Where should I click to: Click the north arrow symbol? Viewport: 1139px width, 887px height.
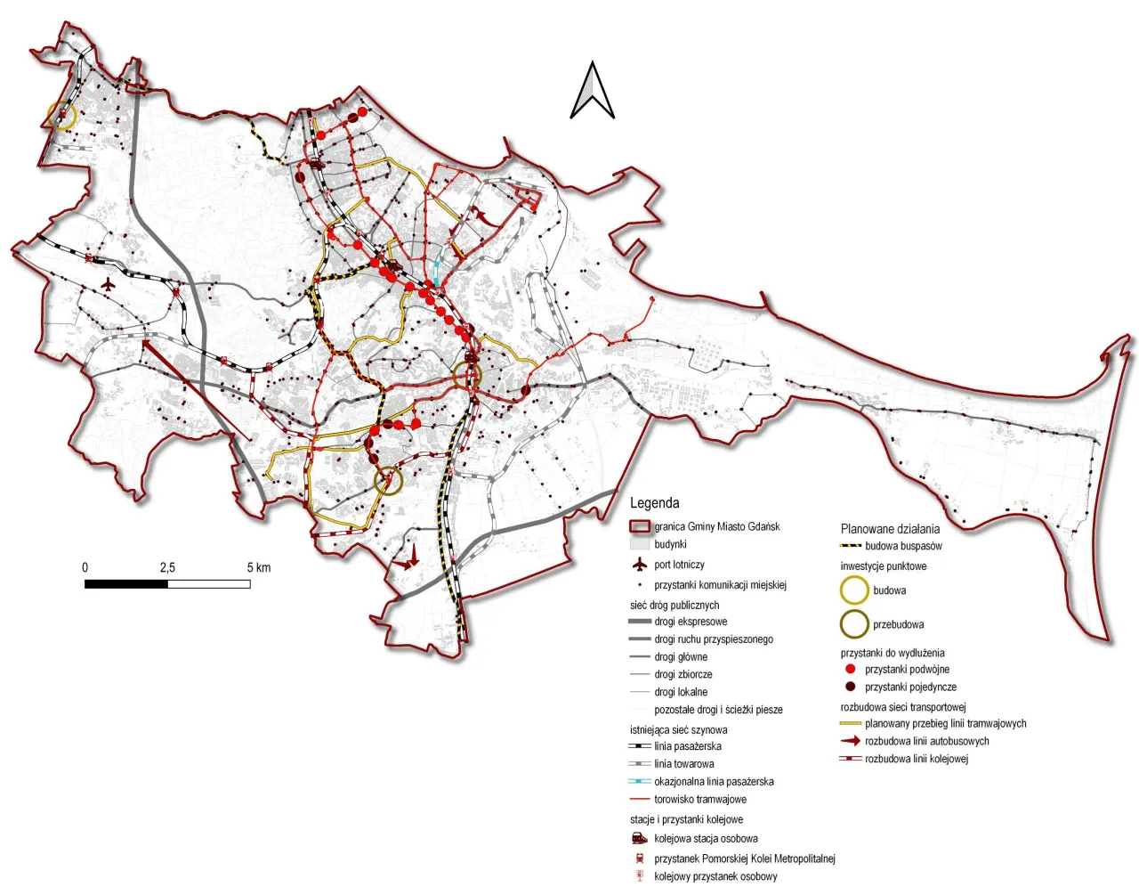point(593,91)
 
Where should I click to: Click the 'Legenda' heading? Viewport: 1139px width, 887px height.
point(654,503)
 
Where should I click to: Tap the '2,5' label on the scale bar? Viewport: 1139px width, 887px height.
point(167,567)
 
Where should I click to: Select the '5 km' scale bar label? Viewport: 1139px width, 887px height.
point(259,567)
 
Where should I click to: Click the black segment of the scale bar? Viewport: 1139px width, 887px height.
point(125,584)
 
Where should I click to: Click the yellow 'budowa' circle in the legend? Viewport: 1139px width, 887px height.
point(854,590)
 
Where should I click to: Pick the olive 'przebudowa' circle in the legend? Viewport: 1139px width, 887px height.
point(854,624)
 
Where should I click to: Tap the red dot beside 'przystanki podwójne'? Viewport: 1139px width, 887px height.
point(851,669)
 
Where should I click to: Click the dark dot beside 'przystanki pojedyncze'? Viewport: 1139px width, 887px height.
point(851,687)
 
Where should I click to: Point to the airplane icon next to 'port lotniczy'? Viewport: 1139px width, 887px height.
point(639,565)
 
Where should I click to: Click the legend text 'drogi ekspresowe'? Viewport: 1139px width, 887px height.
point(691,622)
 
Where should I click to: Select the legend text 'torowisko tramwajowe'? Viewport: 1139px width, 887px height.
point(700,799)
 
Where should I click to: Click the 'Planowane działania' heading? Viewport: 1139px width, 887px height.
point(890,529)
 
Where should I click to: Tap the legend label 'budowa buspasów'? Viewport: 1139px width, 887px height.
point(903,546)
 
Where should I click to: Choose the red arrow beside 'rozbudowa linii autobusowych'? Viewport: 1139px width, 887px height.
point(851,741)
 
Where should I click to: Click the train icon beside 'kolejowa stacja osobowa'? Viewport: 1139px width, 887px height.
point(639,838)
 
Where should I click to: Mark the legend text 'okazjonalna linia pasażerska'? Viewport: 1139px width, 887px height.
point(714,781)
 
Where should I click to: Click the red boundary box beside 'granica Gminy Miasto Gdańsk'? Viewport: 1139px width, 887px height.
point(641,526)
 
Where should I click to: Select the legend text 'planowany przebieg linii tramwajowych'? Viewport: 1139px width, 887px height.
point(945,723)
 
